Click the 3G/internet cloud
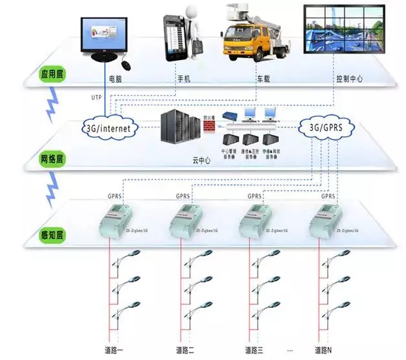109,128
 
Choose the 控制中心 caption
349,79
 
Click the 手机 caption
184,79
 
